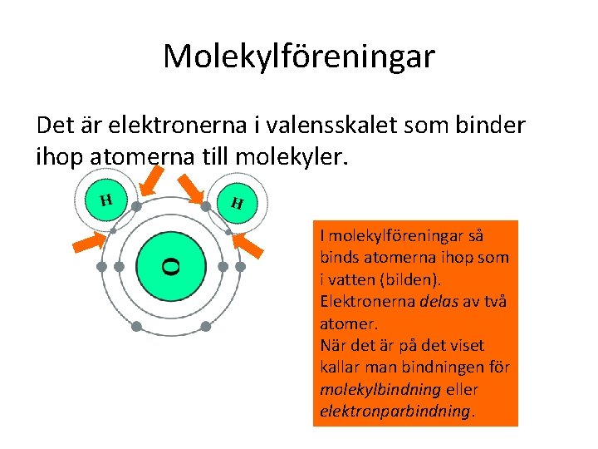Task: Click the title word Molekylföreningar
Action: [298, 57]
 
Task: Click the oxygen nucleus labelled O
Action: [171, 266]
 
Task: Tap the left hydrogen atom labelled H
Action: [105, 200]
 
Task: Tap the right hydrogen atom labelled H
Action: [237, 202]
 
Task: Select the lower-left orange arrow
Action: [91, 241]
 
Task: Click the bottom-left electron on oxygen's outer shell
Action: [138, 326]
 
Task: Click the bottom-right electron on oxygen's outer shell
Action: [205, 326]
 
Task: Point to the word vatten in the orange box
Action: [352, 279]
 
